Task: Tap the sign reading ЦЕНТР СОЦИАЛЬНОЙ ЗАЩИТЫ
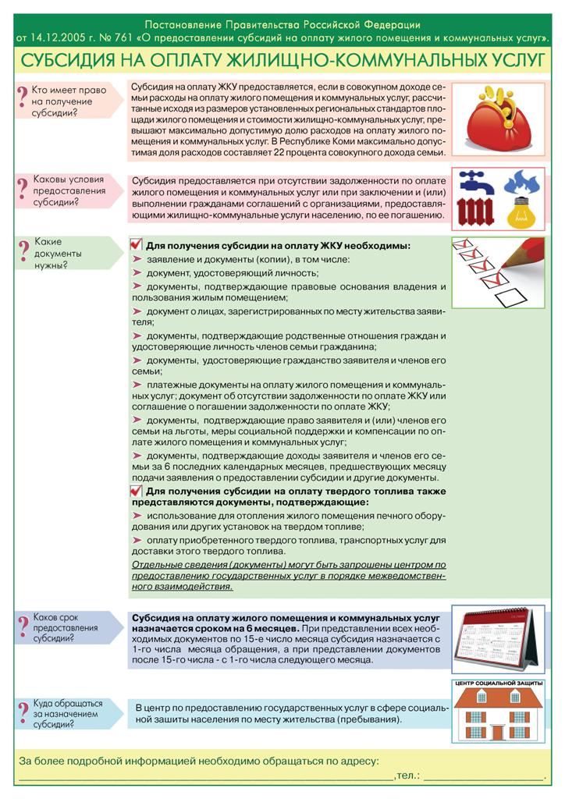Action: (499, 684)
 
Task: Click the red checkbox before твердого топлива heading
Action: (137, 491)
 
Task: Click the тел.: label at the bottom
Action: (407, 776)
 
